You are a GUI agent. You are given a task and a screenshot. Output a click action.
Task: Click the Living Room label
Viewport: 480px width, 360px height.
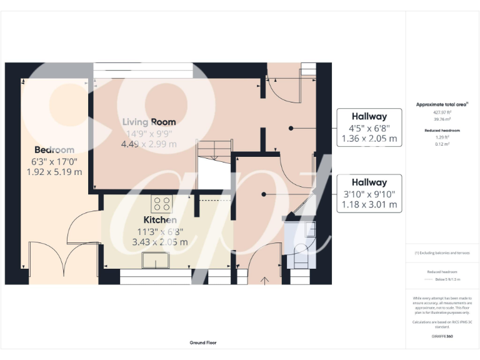[149, 122]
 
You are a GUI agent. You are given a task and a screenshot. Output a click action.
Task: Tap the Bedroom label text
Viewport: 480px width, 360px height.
[54, 150]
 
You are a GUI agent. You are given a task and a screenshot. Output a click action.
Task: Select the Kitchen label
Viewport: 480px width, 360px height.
[160, 220]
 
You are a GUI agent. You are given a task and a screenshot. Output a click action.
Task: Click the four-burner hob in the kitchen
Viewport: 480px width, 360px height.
[162, 204]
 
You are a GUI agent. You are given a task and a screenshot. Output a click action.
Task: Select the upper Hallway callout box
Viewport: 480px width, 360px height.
[369, 128]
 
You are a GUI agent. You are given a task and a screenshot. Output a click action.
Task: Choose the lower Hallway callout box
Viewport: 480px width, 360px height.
[369, 193]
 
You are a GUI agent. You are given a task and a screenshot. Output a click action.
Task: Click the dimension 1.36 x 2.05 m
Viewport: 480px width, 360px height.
[369, 139]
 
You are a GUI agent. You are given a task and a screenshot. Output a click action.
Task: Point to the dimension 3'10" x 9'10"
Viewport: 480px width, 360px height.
[369, 194]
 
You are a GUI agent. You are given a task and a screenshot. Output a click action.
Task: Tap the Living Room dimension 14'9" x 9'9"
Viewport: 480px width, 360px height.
[149, 133]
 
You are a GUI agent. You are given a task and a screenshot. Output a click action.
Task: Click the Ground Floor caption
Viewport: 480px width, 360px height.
[203, 342]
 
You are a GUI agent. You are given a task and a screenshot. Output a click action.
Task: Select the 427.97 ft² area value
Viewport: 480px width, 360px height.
[442, 112]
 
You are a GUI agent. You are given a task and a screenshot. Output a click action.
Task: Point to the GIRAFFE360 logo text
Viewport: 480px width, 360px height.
[442, 336]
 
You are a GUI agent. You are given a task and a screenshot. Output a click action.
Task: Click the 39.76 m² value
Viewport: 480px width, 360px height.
[442, 119]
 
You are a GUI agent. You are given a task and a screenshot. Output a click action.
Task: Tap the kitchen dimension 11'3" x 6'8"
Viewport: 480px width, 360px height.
[160, 231]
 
